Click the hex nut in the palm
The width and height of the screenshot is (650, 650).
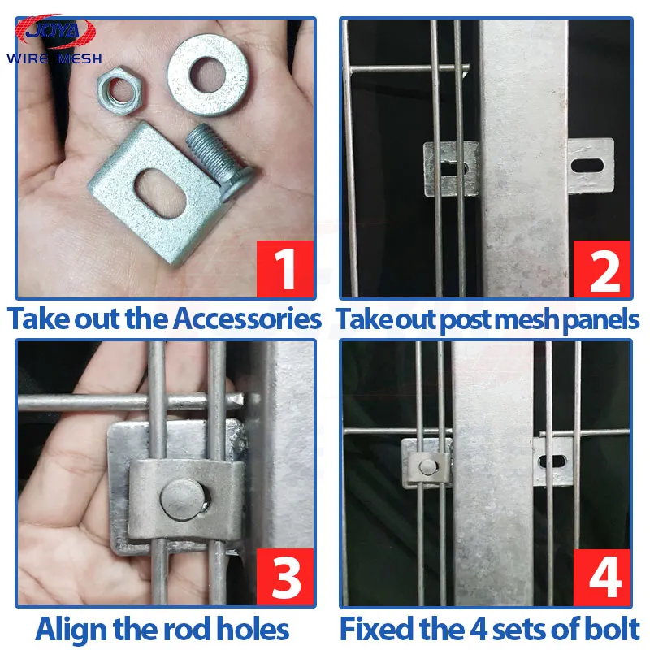(119, 90)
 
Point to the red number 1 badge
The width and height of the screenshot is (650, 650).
(285, 269)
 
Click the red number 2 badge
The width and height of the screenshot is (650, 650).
(602, 269)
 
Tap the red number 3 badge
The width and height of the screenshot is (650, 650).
(285, 577)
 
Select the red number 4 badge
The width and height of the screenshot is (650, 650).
(602, 577)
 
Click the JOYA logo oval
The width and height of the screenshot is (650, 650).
(55, 32)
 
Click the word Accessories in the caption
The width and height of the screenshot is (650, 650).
(248, 318)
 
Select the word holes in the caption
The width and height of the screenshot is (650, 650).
(253, 629)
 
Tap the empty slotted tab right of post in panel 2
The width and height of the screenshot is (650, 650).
(591, 166)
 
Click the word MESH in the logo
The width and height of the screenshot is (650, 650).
(79, 58)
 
